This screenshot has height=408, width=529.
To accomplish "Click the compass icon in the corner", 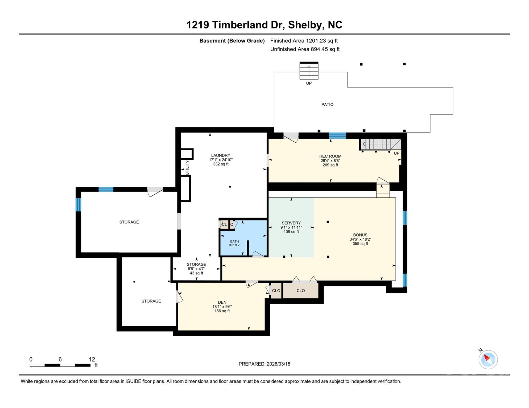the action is click(488, 359).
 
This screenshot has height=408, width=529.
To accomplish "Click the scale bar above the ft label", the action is click(60, 365).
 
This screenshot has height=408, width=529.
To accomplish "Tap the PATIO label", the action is click(327, 104).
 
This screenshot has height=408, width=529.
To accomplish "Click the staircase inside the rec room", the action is click(381, 144).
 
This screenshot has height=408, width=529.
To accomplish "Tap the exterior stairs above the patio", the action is click(309, 71).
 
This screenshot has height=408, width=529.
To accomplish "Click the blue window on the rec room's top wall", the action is click(337, 135).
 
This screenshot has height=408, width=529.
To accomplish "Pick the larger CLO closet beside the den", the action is click(301, 291).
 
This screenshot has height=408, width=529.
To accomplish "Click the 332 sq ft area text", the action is click(221, 164).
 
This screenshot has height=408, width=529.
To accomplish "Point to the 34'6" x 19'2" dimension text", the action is click(360, 239).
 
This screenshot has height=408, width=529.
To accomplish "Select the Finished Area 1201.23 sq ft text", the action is click(304, 41).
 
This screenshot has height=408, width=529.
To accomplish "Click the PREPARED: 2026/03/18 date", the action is click(264, 364).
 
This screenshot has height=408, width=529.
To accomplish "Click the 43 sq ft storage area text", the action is click(196, 273).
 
